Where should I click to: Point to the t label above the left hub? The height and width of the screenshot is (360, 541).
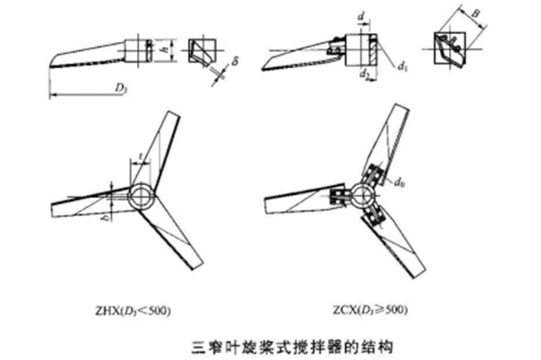pos(139,158)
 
